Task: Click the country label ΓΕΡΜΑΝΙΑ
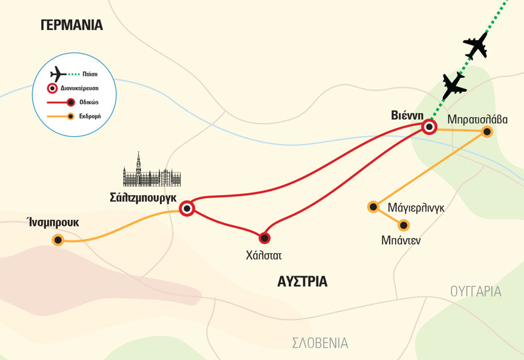71,26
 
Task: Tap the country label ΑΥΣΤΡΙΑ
297,282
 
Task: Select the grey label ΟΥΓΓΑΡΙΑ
476,291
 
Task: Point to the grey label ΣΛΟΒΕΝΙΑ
320,343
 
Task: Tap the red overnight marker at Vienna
429,127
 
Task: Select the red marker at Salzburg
187,209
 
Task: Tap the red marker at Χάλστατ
265,238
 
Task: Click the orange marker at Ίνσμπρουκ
58,241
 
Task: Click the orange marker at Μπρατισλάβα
487,131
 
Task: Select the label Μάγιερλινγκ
417,207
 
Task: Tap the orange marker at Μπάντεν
404,225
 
